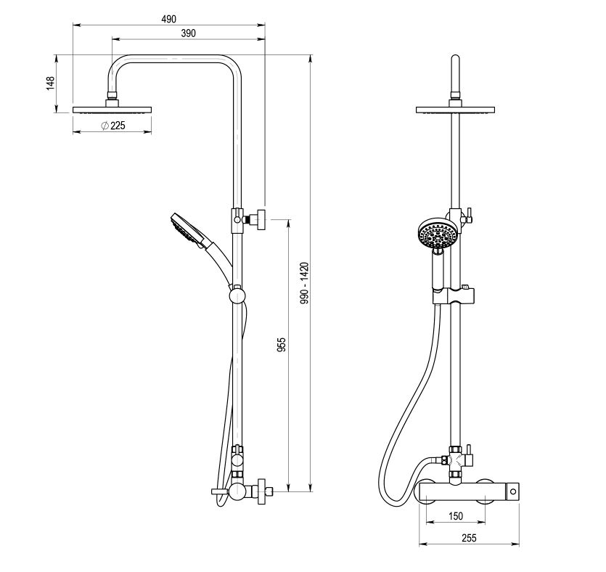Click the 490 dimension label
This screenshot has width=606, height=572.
(x=169, y=19)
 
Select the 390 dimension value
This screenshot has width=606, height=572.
(x=188, y=33)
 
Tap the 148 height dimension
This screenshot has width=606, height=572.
(x=51, y=84)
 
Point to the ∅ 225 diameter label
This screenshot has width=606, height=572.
(x=112, y=126)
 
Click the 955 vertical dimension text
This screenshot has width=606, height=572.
(x=282, y=344)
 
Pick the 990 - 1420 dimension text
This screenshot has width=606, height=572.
(x=305, y=283)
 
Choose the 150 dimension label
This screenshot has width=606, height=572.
(x=456, y=516)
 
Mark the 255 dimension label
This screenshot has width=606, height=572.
(x=469, y=538)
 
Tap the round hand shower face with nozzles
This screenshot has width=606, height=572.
(x=438, y=234)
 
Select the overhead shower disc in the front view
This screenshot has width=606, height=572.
(x=455, y=110)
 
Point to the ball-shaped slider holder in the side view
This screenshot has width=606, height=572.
(x=237, y=295)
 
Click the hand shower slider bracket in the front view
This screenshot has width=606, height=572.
(x=453, y=295)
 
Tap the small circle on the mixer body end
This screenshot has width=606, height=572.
(x=513, y=492)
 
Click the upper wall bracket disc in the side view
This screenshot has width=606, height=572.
(x=262, y=220)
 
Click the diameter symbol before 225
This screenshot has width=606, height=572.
(x=105, y=126)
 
